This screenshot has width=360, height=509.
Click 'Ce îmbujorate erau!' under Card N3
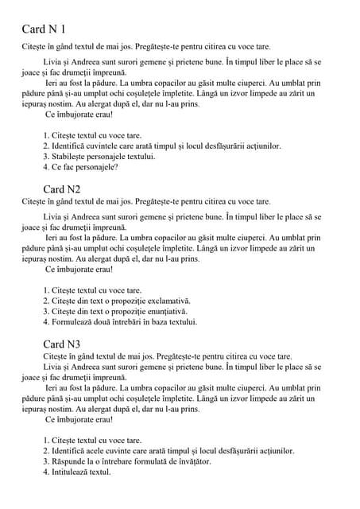coord(79,419)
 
